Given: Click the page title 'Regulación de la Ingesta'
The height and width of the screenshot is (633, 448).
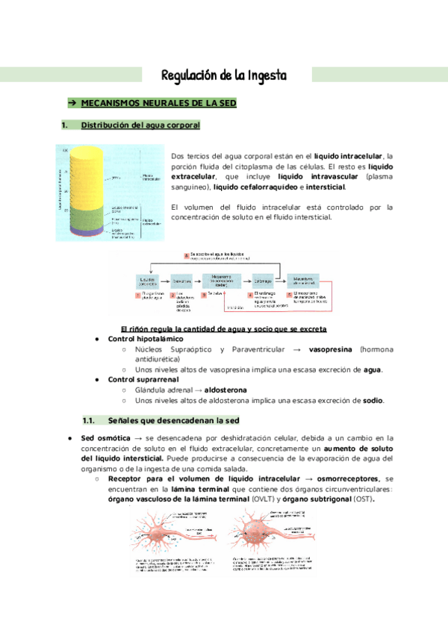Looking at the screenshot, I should (224, 76).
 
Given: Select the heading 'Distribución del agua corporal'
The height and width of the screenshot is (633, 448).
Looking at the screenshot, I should (140, 125).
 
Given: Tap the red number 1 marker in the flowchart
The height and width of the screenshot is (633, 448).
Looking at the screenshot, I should (138, 294).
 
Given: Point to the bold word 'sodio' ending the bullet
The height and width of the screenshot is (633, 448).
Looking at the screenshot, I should (372, 400).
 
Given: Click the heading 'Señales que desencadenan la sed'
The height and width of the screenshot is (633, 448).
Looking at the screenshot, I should (172, 420).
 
